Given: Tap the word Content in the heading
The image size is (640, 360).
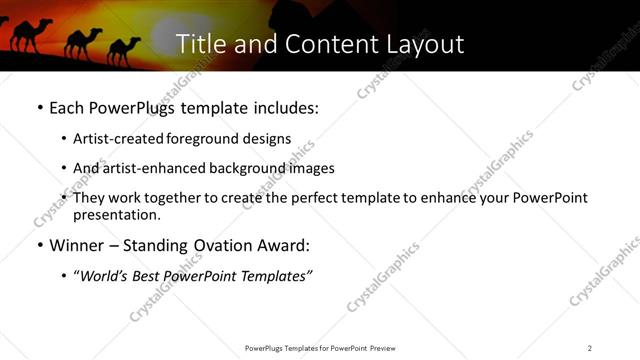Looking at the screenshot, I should (325, 44).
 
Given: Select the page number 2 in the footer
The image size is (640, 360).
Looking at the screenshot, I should (589, 348).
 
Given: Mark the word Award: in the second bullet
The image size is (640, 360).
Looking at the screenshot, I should (283, 245).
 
